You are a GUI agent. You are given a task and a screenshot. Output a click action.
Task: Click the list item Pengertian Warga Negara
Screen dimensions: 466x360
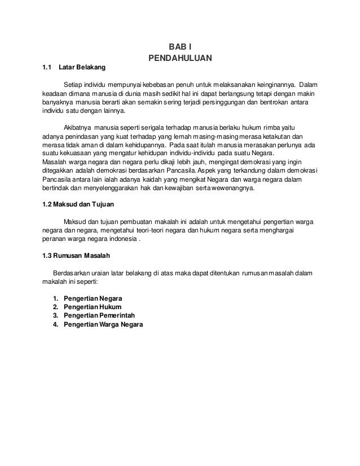tap(103, 325)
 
